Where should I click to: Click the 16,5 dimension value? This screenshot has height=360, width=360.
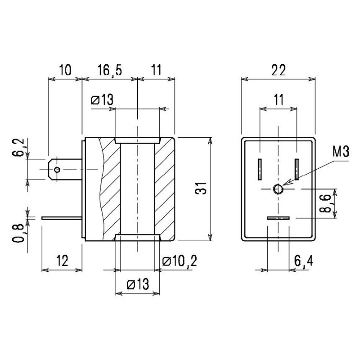point(109,70)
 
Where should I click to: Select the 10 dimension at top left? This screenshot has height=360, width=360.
point(65,70)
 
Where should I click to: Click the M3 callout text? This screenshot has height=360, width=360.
point(341,152)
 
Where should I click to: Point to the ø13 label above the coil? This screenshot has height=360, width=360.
point(102,100)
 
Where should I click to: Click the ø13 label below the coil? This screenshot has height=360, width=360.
point(138,284)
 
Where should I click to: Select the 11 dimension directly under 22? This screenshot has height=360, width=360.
point(279,99)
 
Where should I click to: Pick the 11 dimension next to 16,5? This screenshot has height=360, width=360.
point(156,70)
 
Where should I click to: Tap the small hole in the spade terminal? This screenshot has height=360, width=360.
point(57,169)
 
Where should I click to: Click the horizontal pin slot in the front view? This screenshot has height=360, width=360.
point(278,218)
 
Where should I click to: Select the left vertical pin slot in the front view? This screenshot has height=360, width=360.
point(260,169)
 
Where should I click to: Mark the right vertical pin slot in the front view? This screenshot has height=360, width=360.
point(297,169)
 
